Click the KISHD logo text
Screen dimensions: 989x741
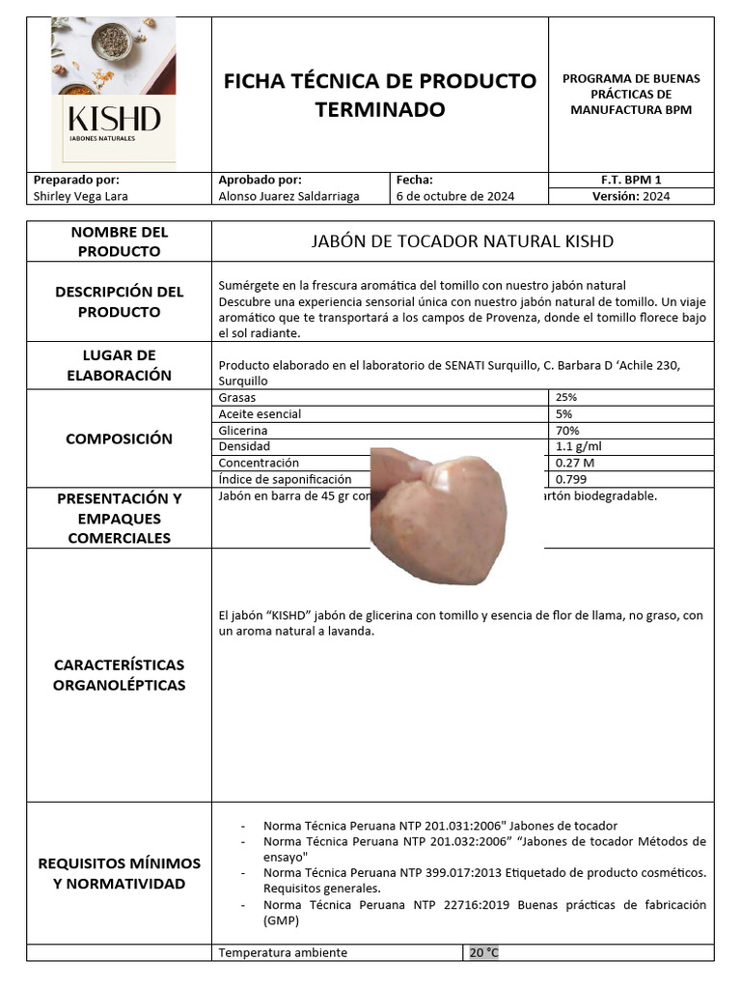[114, 120]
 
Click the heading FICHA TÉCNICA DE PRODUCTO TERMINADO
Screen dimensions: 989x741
[380, 95]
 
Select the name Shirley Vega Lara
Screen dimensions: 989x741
[80, 196]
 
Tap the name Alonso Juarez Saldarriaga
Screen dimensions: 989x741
[289, 196]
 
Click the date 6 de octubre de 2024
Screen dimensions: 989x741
[455, 196]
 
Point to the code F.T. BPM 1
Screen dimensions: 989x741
[631, 180]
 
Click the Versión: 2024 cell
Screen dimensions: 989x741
[631, 196]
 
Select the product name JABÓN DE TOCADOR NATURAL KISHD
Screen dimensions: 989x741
[462, 241]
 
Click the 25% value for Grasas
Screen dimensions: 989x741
[566, 397]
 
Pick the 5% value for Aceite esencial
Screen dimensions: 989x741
[563, 413]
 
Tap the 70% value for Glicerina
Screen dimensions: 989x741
[566, 430]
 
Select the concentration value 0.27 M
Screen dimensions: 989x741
[575, 463]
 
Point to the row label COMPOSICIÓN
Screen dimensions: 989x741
[119, 438]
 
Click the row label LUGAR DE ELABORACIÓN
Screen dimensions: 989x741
[119, 365]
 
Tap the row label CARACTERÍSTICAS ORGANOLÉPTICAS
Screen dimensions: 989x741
[119, 675]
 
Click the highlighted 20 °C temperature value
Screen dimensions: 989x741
[484, 952]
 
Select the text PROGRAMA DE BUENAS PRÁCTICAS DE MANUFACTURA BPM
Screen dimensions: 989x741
[631, 95]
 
